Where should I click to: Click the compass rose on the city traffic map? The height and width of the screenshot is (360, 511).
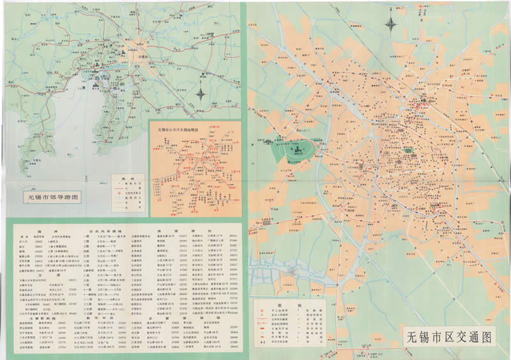(x=391, y=25)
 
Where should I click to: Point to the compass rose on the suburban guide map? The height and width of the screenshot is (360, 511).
(x=201, y=94)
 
